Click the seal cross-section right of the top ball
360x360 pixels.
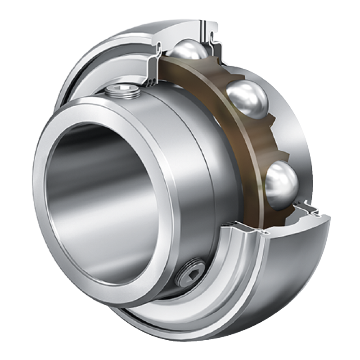tap(215, 43)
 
